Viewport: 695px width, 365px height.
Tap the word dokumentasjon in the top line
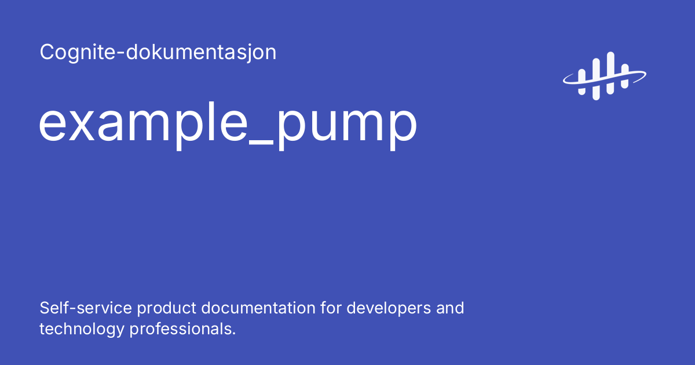197,53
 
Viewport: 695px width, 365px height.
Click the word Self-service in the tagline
85,308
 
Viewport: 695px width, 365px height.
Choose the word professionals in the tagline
182,329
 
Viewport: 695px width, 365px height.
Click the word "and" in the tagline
451,308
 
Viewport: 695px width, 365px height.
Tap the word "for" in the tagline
332,308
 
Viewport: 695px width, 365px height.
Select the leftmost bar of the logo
581,76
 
